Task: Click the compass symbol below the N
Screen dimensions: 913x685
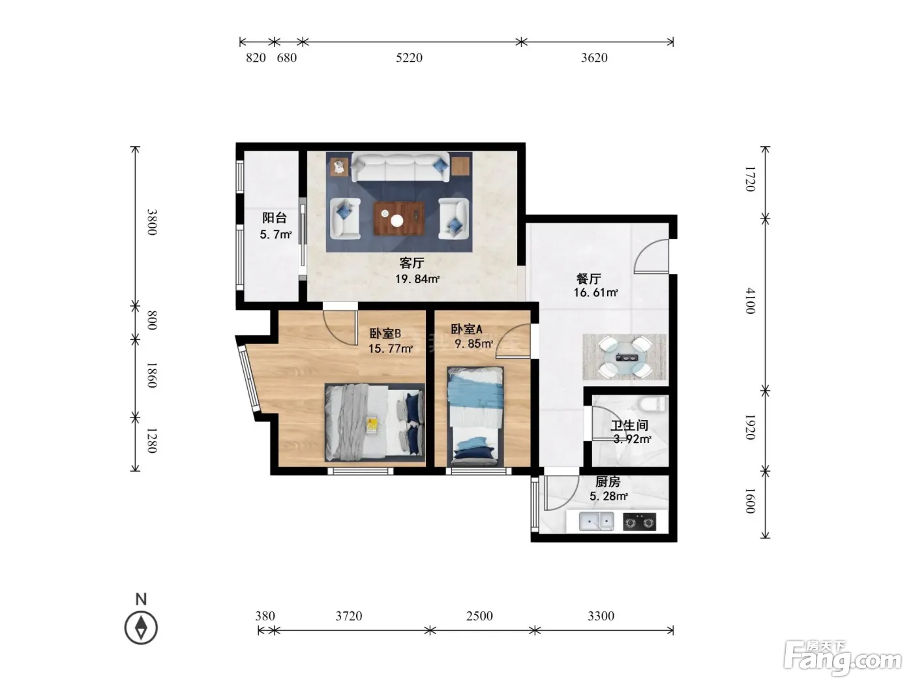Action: [x=141, y=628]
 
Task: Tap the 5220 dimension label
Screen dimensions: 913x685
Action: [x=409, y=57]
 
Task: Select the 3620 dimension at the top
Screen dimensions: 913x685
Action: [x=594, y=57]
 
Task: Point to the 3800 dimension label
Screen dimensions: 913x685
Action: [x=153, y=222]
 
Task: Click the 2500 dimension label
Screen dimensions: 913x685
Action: [x=479, y=616]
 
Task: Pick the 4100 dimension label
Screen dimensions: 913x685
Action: [x=749, y=300]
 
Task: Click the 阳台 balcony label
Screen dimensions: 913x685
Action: [x=275, y=217]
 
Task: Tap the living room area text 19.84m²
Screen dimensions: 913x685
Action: [x=417, y=279]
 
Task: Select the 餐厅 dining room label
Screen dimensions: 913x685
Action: [x=589, y=279]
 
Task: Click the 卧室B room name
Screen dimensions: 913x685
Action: [x=385, y=333]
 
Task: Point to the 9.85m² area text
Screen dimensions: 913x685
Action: [x=473, y=344]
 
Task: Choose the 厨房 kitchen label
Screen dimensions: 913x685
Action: [x=608, y=481]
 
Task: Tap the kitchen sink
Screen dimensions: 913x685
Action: [x=596, y=521]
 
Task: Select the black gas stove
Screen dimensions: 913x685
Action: [x=639, y=521]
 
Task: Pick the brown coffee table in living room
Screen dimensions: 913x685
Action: [x=399, y=219]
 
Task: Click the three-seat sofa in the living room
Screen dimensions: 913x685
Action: [x=400, y=167]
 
